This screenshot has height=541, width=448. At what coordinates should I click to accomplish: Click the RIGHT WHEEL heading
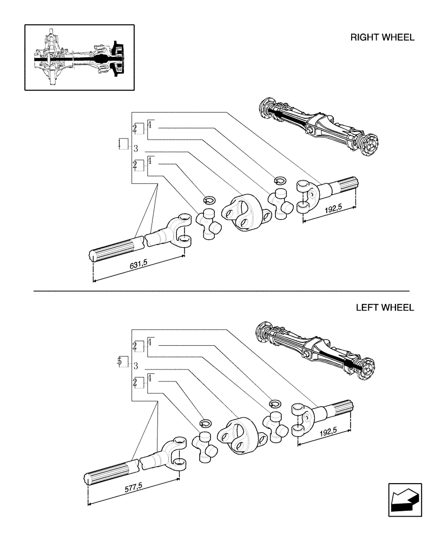[x=382, y=38]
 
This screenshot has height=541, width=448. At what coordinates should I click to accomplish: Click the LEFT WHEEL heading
[x=385, y=308]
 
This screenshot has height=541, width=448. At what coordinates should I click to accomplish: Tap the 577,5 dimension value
[x=133, y=486]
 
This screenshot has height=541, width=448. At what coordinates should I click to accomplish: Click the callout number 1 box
[x=123, y=144]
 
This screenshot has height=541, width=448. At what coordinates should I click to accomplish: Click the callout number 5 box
[x=123, y=361]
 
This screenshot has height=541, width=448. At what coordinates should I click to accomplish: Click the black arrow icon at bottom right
[x=404, y=499]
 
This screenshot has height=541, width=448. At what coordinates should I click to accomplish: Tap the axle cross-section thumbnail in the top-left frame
[x=79, y=57]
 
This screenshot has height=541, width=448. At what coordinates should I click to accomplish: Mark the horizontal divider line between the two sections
[x=221, y=291]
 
